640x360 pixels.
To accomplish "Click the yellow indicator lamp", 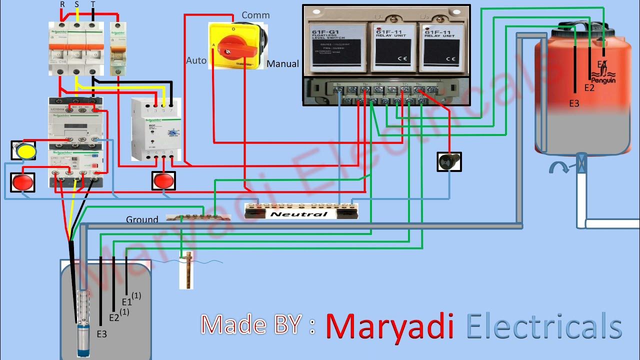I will click(23, 150).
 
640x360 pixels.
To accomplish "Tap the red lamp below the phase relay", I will click(163, 181).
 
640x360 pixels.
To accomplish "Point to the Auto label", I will click(196, 60).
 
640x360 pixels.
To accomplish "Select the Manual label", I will click(282, 63).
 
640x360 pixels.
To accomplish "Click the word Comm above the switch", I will click(255, 15).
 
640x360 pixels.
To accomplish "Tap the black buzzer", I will click(449, 162).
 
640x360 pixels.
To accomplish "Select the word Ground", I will click(142, 219).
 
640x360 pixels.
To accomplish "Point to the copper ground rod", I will click(186, 270).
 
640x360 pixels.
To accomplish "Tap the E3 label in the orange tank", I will click(574, 103).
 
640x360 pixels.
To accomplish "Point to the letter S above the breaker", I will click(76, 4).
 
